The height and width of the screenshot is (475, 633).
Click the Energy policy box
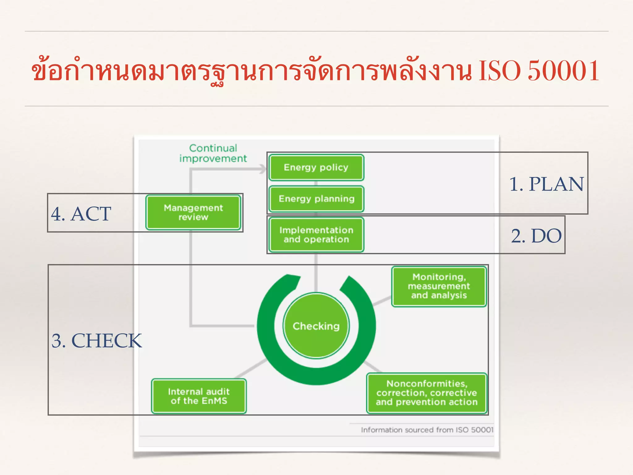coord(316,167)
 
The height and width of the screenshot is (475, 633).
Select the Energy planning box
coord(316,199)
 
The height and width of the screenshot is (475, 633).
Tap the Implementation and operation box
coord(316,235)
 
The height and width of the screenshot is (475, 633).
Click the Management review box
coord(193,212)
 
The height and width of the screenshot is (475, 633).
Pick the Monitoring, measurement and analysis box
coord(439,286)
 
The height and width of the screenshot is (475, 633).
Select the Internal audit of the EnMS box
coord(199,396)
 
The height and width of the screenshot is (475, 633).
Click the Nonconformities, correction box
coord(427,393)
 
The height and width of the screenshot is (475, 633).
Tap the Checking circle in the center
coord(316,326)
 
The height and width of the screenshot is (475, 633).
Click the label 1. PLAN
coord(546,184)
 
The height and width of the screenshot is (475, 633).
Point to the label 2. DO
coord(536,236)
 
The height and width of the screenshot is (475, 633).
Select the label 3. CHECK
coord(96,340)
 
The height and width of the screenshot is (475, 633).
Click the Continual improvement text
coord(213,153)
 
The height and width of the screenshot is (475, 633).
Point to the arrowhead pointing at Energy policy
coord(263,169)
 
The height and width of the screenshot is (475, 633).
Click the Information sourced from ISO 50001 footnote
coord(427,430)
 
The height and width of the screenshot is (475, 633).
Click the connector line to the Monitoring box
coord(382,301)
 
